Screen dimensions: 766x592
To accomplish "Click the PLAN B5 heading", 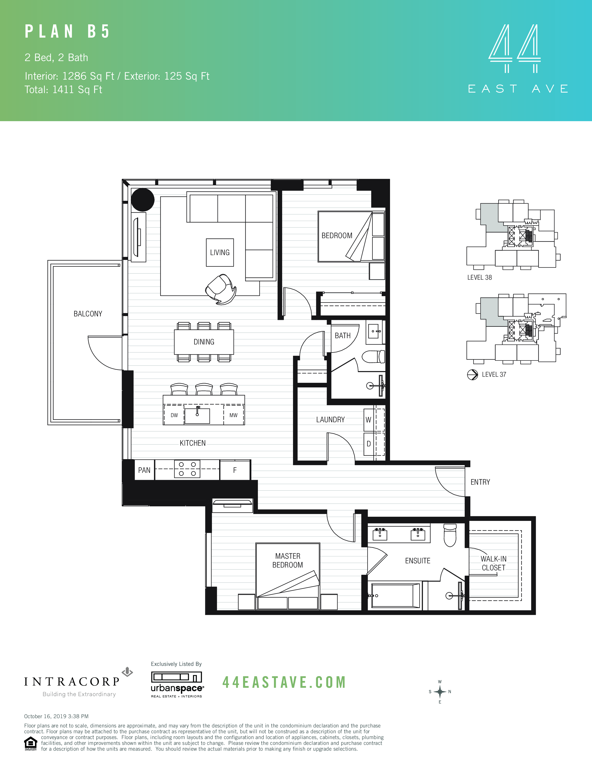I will click(67, 32).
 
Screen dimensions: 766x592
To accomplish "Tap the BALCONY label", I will click(88, 314).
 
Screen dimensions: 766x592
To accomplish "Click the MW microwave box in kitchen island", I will click(233, 415).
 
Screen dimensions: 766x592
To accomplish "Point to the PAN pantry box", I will click(144, 470).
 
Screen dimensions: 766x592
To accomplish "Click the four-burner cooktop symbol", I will click(187, 469).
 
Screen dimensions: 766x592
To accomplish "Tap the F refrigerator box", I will click(235, 470).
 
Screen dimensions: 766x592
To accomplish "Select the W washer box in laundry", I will click(368, 420).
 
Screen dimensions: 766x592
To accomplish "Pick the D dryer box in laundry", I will click(368, 444).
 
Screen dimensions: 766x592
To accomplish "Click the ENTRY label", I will click(480, 482).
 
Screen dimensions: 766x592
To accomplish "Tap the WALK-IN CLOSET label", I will click(494, 563).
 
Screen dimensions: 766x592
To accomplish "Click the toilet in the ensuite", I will click(450, 536).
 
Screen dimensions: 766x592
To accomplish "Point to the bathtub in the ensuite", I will click(395, 596).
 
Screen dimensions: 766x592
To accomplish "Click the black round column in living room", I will click(143, 200).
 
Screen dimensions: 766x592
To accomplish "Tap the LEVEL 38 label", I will click(479, 277).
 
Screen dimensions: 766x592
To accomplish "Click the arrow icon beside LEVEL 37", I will click(472, 375).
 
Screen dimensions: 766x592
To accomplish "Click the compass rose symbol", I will click(440, 692).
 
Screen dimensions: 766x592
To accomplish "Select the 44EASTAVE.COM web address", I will click(284, 682).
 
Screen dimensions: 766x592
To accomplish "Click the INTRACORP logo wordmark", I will click(72, 682).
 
